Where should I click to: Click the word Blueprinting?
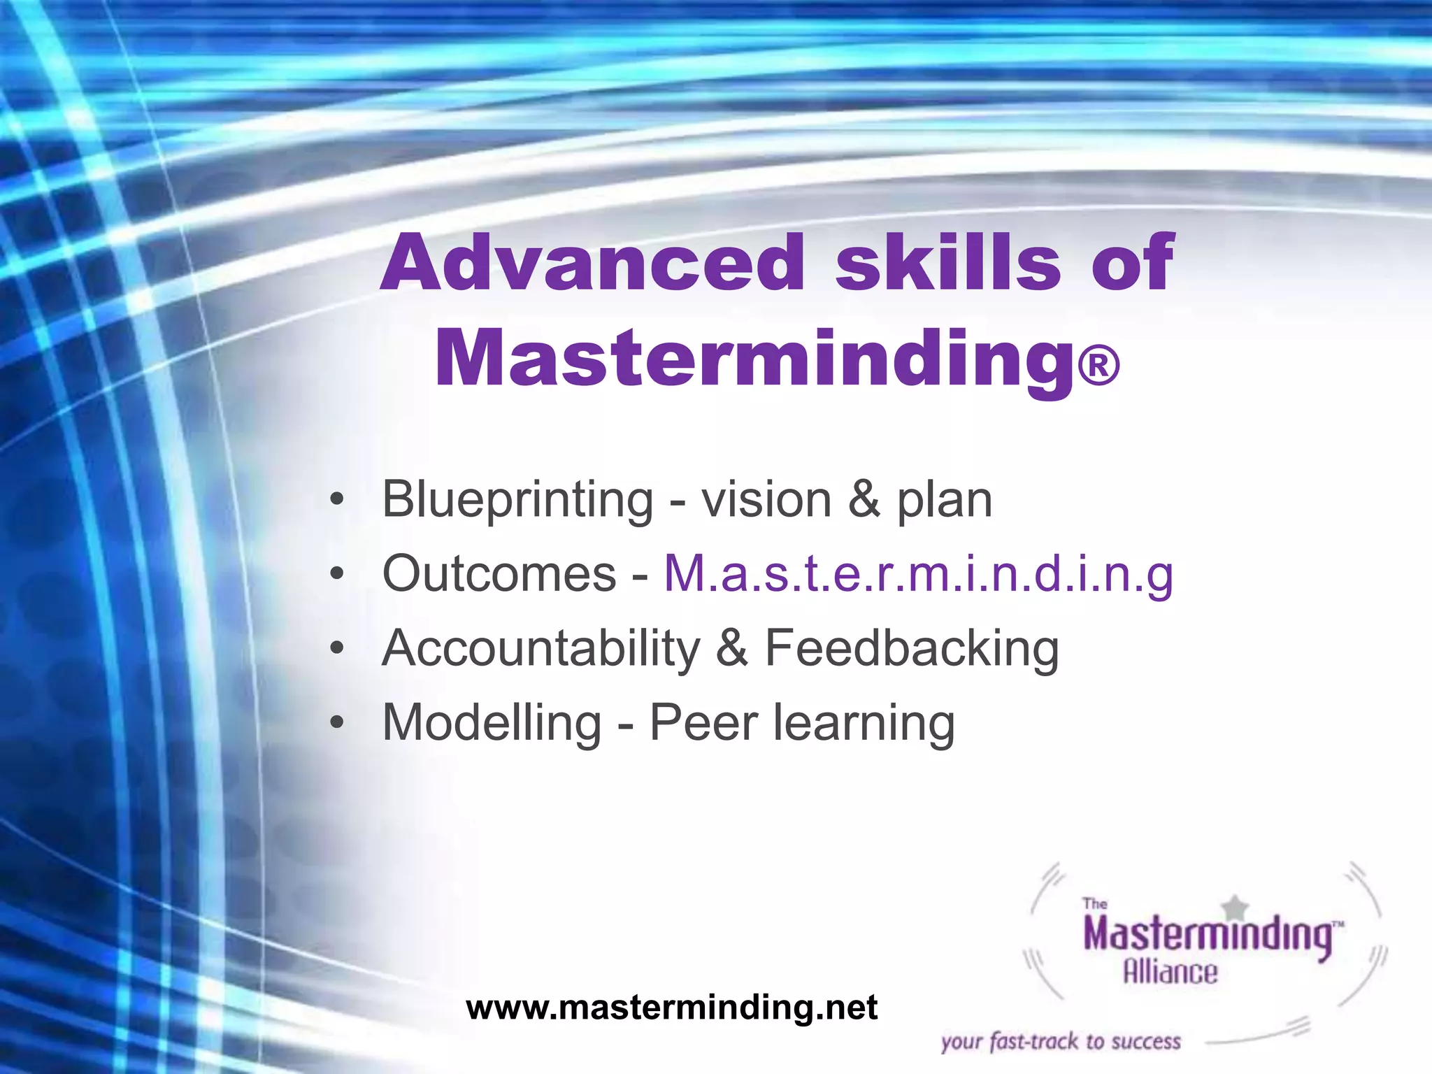tap(517, 501)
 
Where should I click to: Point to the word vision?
tap(766, 501)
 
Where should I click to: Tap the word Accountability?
tap(540, 649)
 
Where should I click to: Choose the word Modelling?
tap(492, 723)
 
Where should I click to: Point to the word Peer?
tap(703, 723)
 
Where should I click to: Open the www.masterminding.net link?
tap(671, 1008)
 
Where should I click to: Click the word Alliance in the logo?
tap(1170, 972)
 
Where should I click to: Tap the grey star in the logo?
tap(1236, 908)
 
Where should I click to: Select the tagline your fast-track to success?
tap(1061, 1042)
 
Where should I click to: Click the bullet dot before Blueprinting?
tap(338, 501)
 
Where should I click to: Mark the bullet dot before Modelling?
tap(338, 723)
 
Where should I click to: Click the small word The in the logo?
tap(1095, 903)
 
